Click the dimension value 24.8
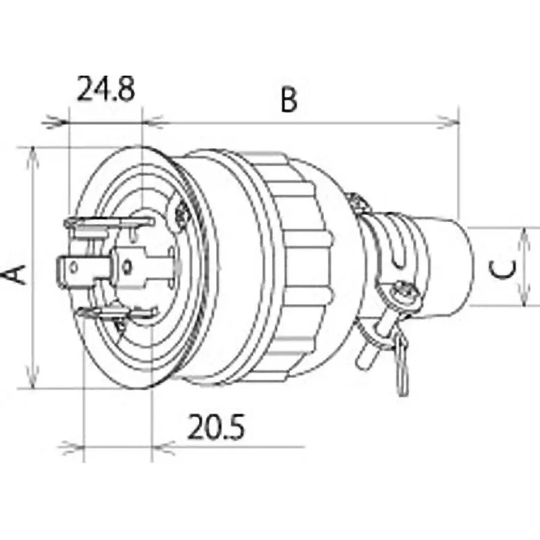click(105, 88)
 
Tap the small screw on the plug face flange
click(180, 214)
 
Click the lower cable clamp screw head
click(406, 292)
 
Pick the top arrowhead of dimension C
click(526, 234)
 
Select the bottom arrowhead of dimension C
click(526, 300)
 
